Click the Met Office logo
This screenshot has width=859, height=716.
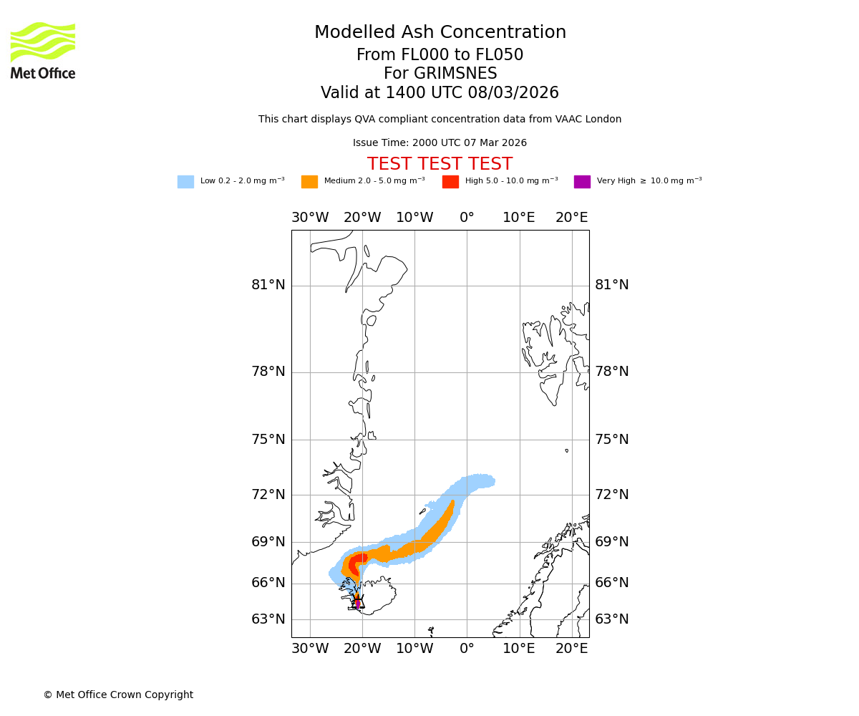coord(43,50)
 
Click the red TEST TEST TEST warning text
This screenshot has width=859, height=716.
coord(440,165)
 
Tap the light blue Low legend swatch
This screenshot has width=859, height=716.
coord(185,182)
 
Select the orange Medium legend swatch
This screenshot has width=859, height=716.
coord(309,182)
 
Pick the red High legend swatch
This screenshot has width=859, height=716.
coord(450,182)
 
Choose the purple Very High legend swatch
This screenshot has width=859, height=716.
coord(582,182)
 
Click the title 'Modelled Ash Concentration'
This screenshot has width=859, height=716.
coord(440,33)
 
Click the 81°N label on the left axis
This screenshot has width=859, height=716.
coord(268,285)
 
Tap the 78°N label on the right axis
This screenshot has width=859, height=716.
coord(612,372)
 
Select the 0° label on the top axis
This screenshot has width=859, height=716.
coord(467,218)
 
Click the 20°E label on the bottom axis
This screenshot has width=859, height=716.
coord(571,649)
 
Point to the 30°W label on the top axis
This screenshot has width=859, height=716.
coord(310,218)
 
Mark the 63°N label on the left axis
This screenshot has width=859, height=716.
coord(268,619)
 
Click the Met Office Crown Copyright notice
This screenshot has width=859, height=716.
coord(118,695)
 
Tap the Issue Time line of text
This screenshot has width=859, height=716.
coord(440,143)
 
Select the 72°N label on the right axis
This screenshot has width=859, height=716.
coord(612,495)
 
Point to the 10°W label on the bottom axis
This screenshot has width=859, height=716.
coord(414,649)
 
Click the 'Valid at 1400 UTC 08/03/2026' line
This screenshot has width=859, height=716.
coord(440,93)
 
